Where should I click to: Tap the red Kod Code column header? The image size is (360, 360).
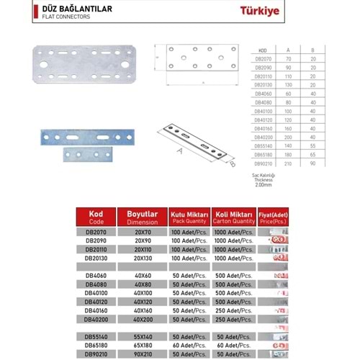[96, 217]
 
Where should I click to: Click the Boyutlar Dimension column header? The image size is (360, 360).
[142, 217]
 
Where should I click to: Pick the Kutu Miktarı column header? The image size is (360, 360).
[189, 217]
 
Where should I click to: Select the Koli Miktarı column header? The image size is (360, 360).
[235, 217]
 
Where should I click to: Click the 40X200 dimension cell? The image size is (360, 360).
[142, 318]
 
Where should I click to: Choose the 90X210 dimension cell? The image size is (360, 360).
[142, 354]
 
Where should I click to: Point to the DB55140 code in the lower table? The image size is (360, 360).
[96, 336]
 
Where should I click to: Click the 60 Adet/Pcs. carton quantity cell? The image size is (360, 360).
[235, 346]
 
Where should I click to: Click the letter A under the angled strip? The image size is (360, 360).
[179, 152]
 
